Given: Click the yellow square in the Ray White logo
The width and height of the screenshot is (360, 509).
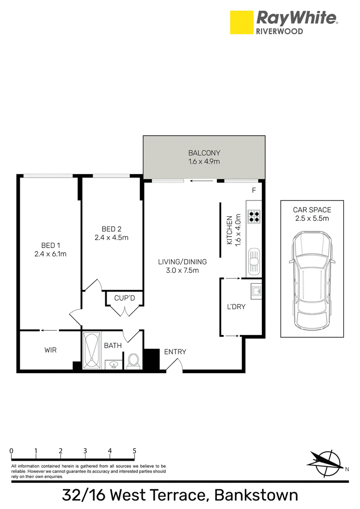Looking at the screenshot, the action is click(x=241, y=22).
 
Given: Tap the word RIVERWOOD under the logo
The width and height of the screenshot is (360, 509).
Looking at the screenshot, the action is click(x=280, y=31).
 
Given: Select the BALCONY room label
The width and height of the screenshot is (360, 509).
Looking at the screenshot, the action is click(x=204, y=153).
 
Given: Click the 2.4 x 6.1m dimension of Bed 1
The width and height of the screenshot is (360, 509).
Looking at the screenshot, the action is click(x=50, y=254).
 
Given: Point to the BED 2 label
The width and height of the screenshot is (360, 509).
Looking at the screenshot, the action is click(x=112, y=229).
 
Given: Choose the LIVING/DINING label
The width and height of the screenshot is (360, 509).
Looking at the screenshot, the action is click(x=182, y=262).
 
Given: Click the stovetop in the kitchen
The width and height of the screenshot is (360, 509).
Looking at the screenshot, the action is click(x=254, y=217).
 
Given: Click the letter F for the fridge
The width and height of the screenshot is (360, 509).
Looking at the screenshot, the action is click(x=254, y=190).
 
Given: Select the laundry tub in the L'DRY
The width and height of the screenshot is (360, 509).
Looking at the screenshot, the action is click(x=256, y=291).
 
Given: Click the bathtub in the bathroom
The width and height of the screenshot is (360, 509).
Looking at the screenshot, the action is click(x=92, y=350).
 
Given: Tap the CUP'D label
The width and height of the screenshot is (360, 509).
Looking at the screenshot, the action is click(x=125, y=298).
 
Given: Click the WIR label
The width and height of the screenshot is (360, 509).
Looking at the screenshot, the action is click(x=50, y=350).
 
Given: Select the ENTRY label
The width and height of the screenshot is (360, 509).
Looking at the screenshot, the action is click(x=175, y=352).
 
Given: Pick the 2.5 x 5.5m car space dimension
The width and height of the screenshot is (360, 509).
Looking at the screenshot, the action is click(x=312, y=219).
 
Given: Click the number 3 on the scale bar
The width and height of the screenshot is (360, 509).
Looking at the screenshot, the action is click(x=85, y=451).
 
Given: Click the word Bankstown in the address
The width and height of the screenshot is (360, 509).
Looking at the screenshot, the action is click(x=256, y=495).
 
